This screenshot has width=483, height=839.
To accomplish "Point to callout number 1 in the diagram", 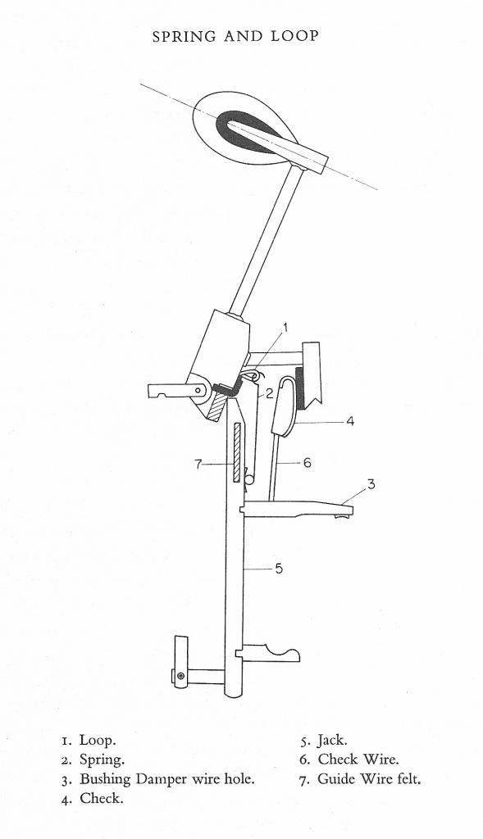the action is [x=285, y=328].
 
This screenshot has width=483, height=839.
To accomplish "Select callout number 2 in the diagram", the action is [x=269, y=394].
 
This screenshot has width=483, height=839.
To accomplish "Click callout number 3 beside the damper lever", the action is [x=371, y=484].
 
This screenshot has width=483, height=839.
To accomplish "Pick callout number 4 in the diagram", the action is [x=349, y=422].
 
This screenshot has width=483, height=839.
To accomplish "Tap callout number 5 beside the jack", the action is [x=279, y=569].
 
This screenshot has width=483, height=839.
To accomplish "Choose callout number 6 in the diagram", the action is [x=308, y=462].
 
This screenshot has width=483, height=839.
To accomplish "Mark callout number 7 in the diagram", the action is [x=198, y=464].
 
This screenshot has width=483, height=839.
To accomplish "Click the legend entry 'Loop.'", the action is [x=98, y=741].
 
